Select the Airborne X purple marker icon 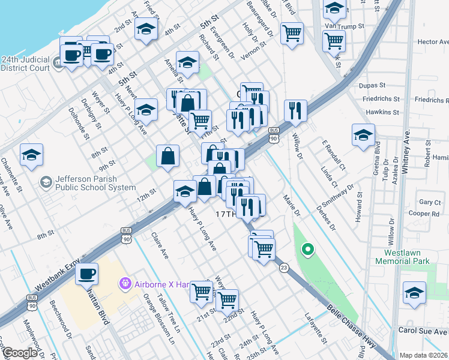click(x=125, y=282)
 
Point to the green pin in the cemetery click(x=307, y=248)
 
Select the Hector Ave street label click(x=433, y=42)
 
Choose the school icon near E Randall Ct click(x=363, y=136)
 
